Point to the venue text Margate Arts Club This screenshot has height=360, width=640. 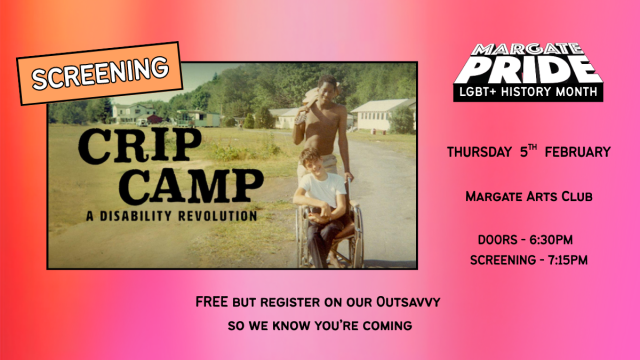528,197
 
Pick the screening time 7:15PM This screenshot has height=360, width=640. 563,260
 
